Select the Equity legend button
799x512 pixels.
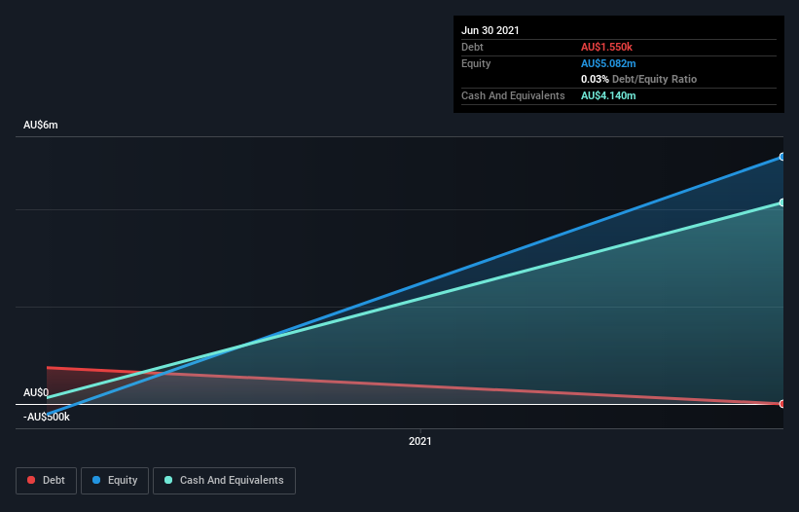[115, 481]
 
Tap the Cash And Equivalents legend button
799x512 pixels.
[224, 481]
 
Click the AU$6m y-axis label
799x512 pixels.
[41, 126]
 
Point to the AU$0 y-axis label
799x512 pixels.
[36, 393]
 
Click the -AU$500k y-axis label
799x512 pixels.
[47, 417]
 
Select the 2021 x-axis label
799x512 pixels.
[420, 441]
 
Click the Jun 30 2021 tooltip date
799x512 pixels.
[490, 30]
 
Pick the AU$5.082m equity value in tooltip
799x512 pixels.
[609, 63]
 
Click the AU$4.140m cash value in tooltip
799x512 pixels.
[609, 95]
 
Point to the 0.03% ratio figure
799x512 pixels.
[595, 79]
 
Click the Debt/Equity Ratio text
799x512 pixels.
[654, 79]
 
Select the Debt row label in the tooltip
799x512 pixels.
[472, 47]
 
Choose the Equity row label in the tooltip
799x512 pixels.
[476, 63]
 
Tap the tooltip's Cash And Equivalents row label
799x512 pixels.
[513, 95]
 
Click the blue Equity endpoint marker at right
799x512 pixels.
[781, 157]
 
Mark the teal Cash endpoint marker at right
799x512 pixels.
[781, 202]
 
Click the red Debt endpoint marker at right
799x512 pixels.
[781, 403]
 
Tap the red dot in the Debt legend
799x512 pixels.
[32, 481]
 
